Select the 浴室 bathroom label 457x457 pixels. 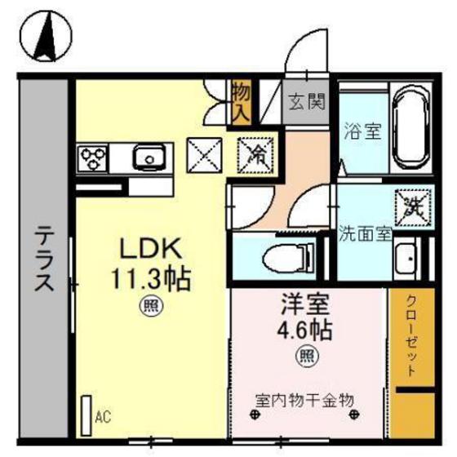click(x=362, y=131)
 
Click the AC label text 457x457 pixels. click(x=103, y=418)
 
